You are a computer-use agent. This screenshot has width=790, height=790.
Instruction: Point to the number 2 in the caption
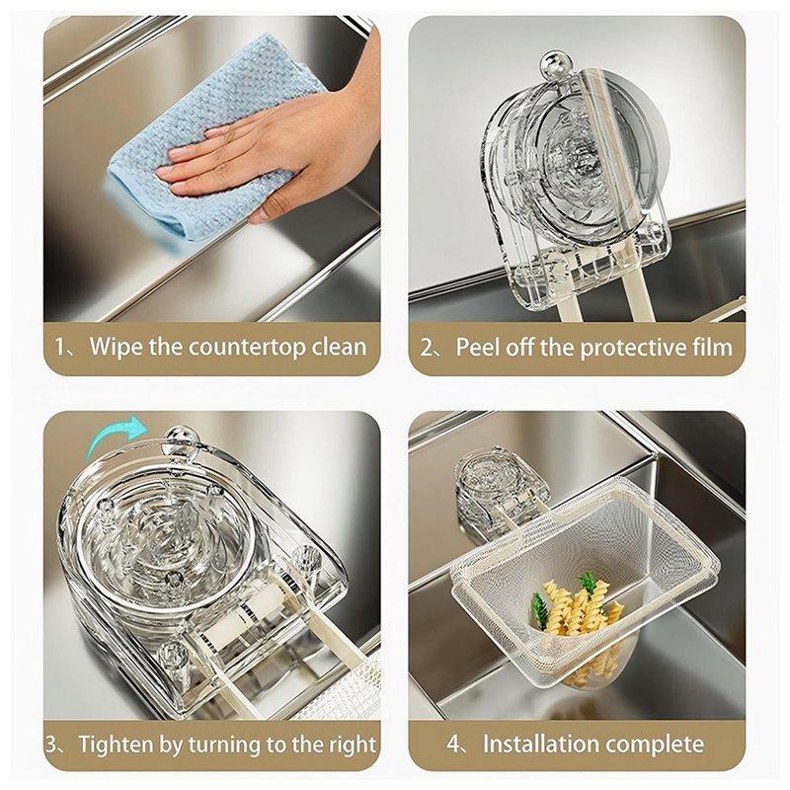point(429,348)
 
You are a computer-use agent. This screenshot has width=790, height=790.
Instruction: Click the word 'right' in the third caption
point(351,744)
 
